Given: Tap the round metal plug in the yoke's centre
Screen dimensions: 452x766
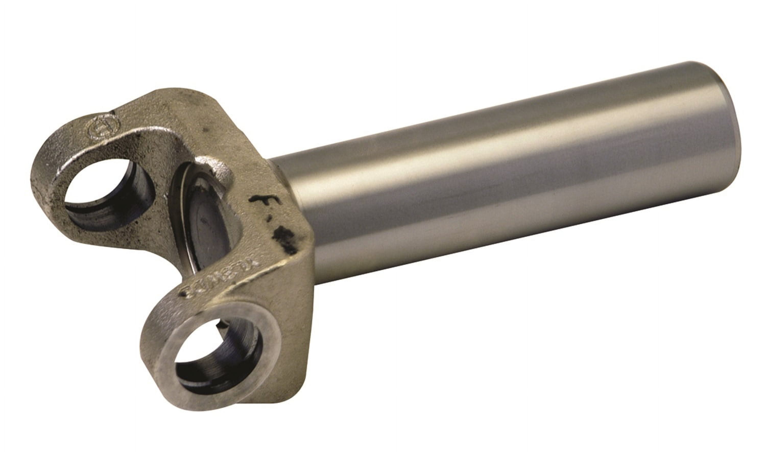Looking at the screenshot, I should [210, 229].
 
